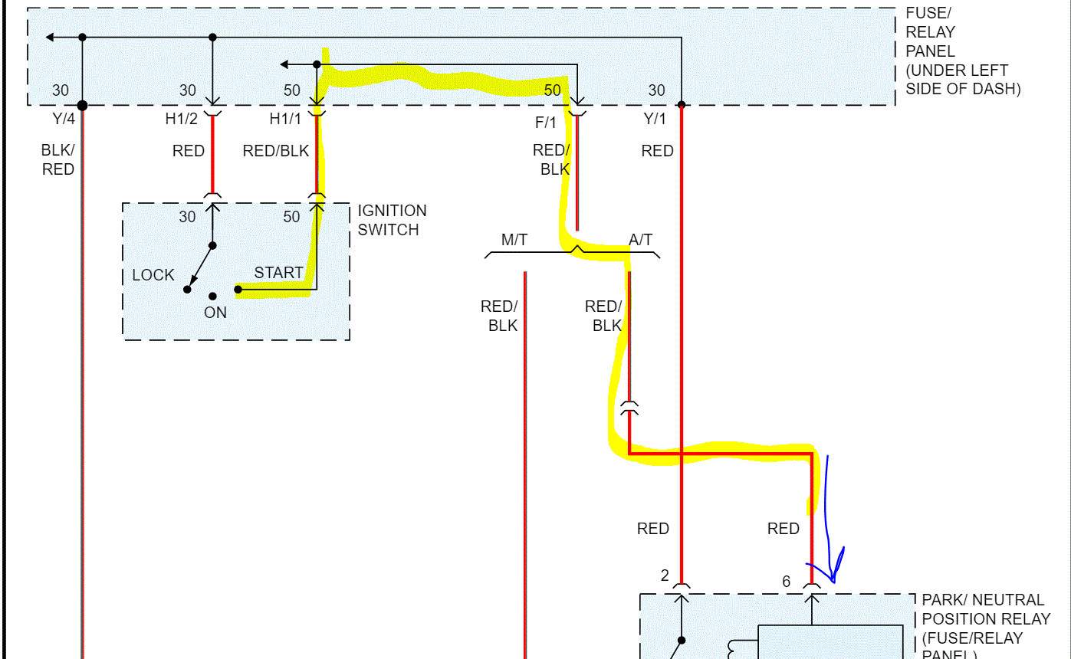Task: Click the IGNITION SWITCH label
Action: [x=392, y=220]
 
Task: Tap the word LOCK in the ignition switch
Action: [x=153, y=275]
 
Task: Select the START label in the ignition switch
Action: [x=279, y=273]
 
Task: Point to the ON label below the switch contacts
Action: [x=215, y=313]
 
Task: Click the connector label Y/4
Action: [x=63, y=120]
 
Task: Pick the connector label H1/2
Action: [x=181, y=120]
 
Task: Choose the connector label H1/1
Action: [x=285, y=120]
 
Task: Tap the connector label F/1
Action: [x=546, y=122]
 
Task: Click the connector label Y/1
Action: [x=655, y=120]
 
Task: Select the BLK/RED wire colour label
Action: [x=58, y=159]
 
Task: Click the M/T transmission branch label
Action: [x=514, y=240]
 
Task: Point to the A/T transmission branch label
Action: [x=640, y=240]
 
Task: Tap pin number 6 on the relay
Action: [x=786, y=582]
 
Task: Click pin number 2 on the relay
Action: [x=665, y=575]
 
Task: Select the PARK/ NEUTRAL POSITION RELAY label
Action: [x=982, y=625]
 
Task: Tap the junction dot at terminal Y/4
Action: [x=82, y=105]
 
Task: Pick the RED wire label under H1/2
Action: [x=189, y=151]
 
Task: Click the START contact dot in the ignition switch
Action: [x=238, y=290]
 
